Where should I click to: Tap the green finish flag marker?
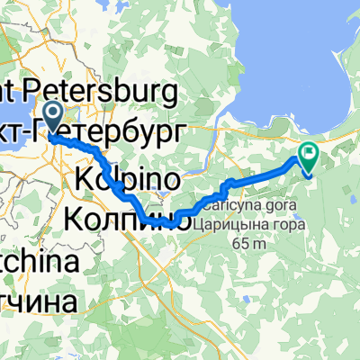[310, 157]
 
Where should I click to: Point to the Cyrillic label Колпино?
[126, 217]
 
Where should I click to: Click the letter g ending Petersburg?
[174, 93]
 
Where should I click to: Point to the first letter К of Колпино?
[76, 217]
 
